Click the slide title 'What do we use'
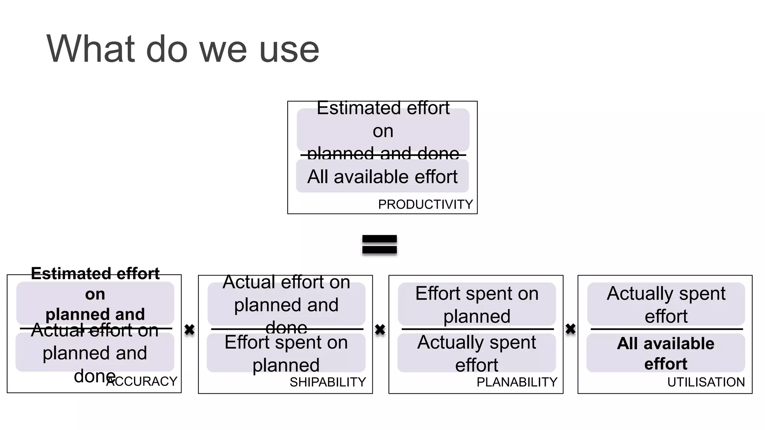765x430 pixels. pos(183,49)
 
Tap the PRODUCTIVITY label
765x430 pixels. pos(425,205)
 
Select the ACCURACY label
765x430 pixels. pos(142,381)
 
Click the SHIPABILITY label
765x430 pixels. pos(328,382)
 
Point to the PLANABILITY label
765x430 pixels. pos(517,382)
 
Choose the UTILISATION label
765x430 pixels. pos(706,382)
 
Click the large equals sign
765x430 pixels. pos(380,245)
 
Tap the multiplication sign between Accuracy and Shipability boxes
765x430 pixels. pos(189,330)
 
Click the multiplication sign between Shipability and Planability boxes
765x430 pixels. pos(380,330)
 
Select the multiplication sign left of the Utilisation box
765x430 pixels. pos(570,329)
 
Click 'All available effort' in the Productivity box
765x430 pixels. pos(382,177)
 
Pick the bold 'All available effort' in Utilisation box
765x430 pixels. pos(666,353)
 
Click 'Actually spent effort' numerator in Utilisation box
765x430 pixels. pos(666,304)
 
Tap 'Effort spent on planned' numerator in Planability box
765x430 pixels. pos(477,304)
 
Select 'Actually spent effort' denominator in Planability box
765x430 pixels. pos(477,353)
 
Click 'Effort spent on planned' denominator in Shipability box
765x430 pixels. pos(286,353)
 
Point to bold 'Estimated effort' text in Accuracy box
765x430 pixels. pos(95,274)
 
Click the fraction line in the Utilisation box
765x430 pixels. pos(666,329)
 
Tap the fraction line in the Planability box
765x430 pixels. pos(477,329)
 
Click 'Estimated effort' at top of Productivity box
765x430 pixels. pos(383,108)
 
